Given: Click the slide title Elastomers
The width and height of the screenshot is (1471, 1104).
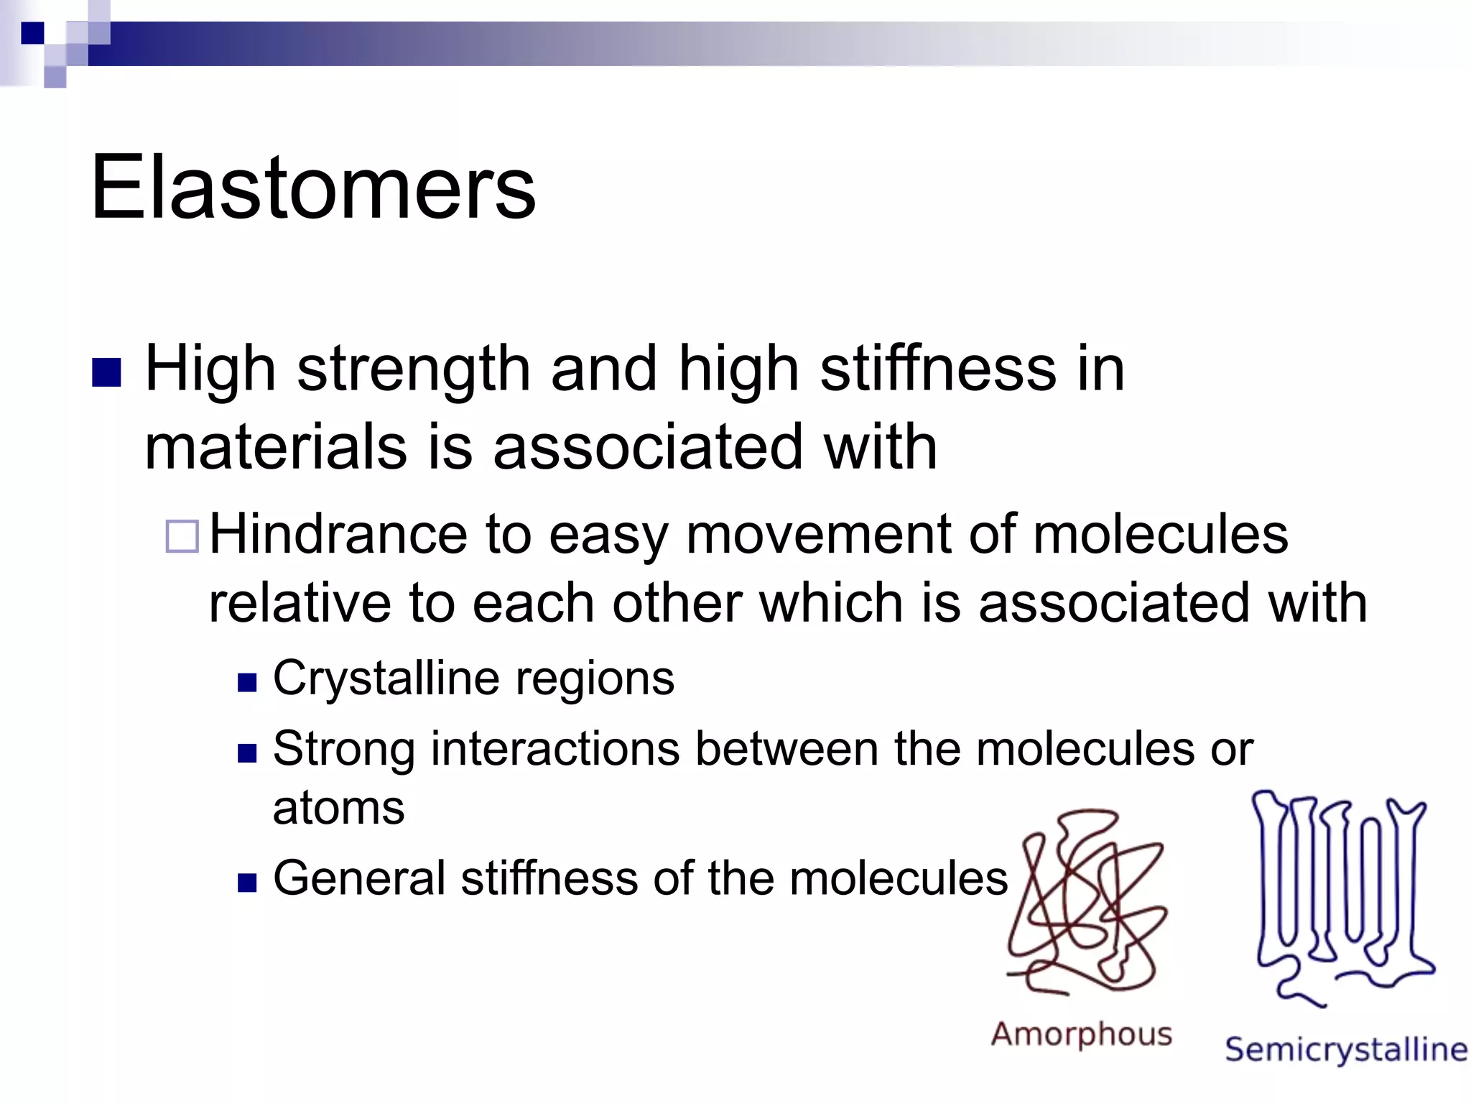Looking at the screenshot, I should (x=313, y=188).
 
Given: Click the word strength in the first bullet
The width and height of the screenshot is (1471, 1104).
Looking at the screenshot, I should (x=413, y=370).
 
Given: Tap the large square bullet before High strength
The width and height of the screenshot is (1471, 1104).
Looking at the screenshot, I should (x=107, y=372).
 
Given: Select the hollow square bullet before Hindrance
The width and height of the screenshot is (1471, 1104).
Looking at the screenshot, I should (x=182, y=536).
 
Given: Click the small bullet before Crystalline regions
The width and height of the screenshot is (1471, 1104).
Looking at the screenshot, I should (x=247, y=682).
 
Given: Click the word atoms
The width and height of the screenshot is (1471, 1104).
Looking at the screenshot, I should (x=338, y=808).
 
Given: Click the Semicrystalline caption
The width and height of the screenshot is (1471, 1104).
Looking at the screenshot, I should (x=1345, y=1050).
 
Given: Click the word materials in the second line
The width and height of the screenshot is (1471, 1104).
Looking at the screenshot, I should (x=276, y=448).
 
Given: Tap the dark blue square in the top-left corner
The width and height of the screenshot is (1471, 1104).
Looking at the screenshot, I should (x=32, y=33).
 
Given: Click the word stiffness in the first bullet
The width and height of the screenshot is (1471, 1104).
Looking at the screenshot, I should (x=937, y=370).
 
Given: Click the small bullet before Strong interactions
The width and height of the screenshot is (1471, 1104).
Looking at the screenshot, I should (x=247, y=753).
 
